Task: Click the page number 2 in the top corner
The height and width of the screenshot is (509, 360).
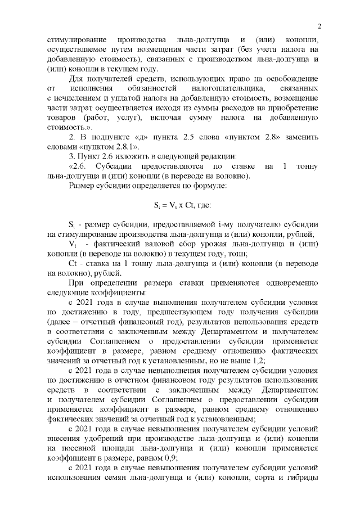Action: (x=319, y=26)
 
